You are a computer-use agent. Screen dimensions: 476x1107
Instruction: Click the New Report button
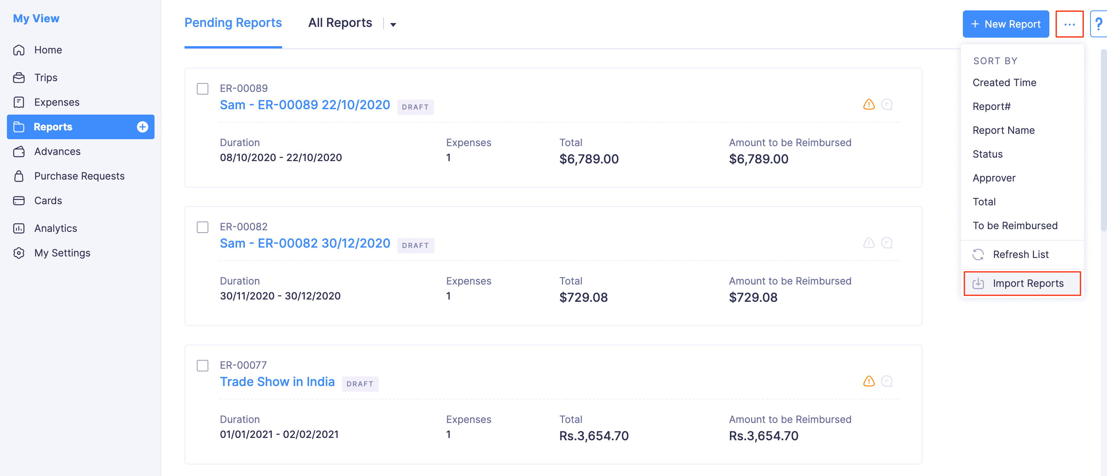click(x=1005, y=24)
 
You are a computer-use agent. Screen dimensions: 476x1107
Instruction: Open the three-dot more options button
click(x=1069, y=25)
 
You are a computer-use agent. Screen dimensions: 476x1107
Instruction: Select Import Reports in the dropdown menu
click(x=1027, y=283)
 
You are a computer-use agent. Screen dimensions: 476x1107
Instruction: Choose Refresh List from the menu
click(x=1020, y=255)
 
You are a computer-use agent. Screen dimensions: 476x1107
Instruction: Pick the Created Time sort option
click(x=1004, y=83)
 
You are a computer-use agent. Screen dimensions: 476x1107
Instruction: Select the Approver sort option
click(x=994, y=178)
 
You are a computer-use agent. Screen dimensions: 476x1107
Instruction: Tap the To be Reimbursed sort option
click(x=1015, y=226)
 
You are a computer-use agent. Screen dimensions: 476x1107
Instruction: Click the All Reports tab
click(x=340, y=23)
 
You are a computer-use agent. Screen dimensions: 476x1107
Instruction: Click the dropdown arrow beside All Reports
click(x=393, y=25)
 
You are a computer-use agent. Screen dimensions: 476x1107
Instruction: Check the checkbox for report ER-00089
click(x=203, y=88)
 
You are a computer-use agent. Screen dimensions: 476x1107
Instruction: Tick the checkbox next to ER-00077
click(x=203, y=366)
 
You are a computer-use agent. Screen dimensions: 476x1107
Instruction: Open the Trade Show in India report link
click(x=277, y=382)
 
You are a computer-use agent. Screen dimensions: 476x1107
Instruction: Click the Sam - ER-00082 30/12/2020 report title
click(x=305, y=243)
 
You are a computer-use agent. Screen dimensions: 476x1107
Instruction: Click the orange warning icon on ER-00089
click(x=869, y=105)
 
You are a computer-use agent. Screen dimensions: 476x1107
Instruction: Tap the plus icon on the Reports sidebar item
click(x=142, y=127)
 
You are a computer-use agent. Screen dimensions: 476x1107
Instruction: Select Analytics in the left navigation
click(x=55, y=228)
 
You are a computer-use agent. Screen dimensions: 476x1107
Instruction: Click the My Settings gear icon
click(x=19, y=253)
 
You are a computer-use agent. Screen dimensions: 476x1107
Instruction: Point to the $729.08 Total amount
click(x=583, y=298)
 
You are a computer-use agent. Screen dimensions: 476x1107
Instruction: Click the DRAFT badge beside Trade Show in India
click(x=360, y=384)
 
